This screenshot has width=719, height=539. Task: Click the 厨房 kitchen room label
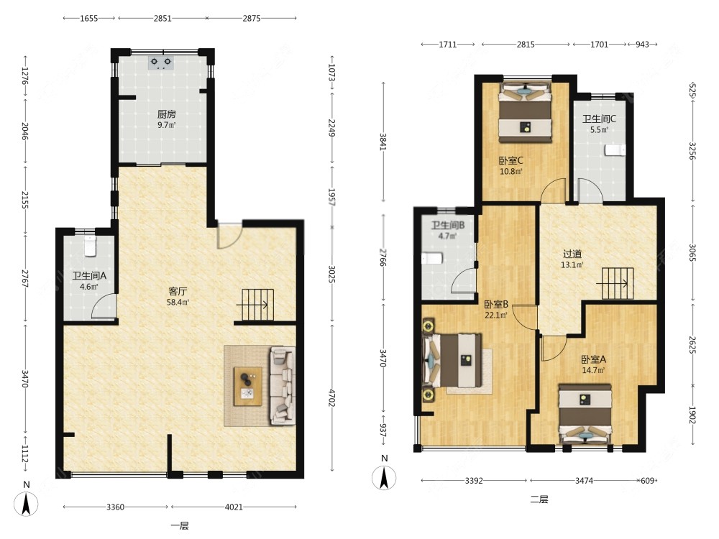click(167, 114)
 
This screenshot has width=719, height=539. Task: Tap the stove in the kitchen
click(161, 63)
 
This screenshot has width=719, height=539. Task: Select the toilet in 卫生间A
click(91, 245)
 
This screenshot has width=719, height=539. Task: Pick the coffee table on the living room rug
click(248, 387)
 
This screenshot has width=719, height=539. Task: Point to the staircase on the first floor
click(257, 304)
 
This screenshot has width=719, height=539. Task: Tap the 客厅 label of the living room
click(178, 291)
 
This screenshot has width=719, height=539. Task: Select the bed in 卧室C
click(525, 113)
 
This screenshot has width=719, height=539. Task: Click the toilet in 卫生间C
click(615, 150)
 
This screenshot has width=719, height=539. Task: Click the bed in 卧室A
click(585, 414)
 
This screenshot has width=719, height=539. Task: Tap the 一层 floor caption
click(180, 526)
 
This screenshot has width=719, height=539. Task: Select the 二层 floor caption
click(539, 499)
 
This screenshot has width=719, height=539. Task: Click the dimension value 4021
click(234, 507)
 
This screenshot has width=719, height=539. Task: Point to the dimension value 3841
click(383, 142)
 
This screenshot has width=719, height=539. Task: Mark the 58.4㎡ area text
click(178, 302)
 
